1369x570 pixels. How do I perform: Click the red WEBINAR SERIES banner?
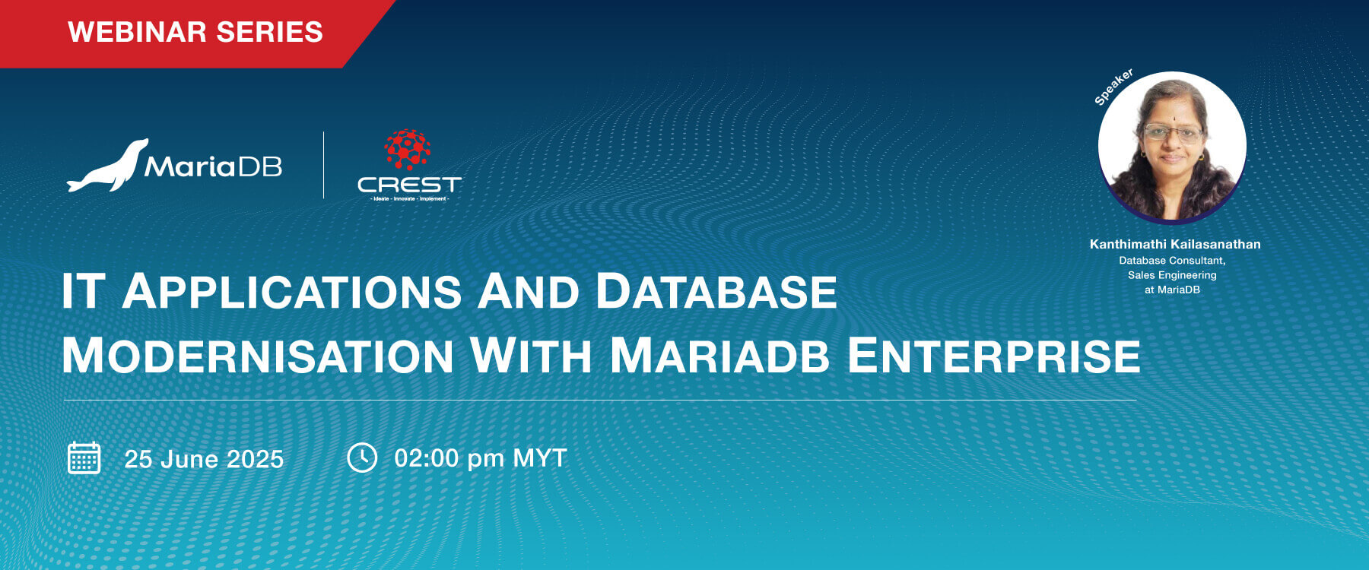195,32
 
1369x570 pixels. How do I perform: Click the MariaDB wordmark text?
213,166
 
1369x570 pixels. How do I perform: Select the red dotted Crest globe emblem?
408,149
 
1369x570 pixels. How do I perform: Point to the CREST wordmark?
409,185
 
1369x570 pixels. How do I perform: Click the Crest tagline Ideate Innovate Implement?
409,199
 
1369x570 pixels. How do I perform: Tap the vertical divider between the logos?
324,165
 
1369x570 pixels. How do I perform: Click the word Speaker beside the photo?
1113,87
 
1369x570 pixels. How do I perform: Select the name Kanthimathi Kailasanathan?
1175,244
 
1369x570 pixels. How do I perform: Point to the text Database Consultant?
1172,261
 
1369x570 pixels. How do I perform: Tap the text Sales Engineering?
1172,275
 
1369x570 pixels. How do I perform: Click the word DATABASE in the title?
716,292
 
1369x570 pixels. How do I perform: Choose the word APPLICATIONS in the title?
292,292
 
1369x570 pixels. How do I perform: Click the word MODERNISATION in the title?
258,356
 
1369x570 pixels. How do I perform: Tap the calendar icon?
84,458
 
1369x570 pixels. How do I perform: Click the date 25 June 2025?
204,459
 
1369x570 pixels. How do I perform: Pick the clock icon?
362,458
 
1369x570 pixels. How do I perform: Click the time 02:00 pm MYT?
481,458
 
